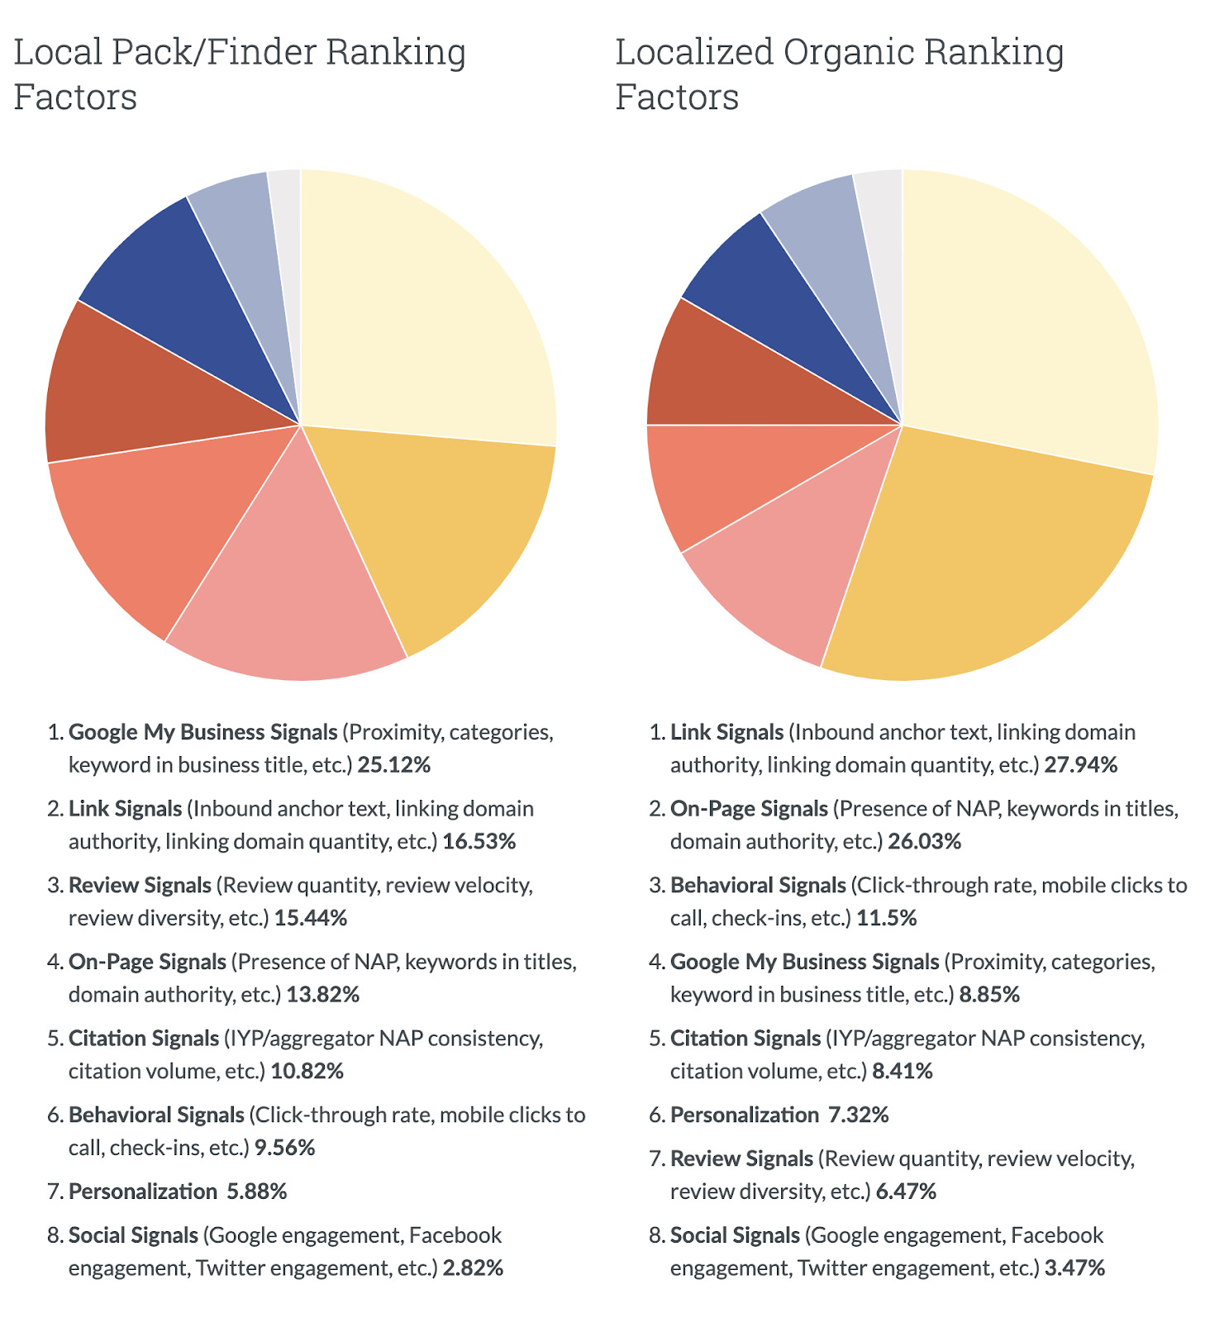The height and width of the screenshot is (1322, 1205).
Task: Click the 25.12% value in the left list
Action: coord(393,765)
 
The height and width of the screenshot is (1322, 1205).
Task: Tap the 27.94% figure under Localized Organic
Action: coord(1080,765)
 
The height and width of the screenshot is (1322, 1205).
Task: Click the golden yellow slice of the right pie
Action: coord(984,562)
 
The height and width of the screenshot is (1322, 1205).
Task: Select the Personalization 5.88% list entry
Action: coord(178,1191)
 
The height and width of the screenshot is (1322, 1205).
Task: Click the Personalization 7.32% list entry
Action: coord(779,1115)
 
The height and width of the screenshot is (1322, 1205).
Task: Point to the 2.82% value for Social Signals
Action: coord(473,1267)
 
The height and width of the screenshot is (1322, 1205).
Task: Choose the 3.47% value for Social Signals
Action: coord(1074,1267)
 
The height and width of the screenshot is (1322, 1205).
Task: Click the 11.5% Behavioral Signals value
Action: coord(887,918)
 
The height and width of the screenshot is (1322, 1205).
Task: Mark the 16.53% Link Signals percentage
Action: coord(479,842)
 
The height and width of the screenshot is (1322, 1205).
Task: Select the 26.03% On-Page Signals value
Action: coord(924,842)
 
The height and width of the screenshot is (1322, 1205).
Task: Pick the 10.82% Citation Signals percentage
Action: coord(307,1072)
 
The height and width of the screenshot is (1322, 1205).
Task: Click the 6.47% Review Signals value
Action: coord(906,1191)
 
